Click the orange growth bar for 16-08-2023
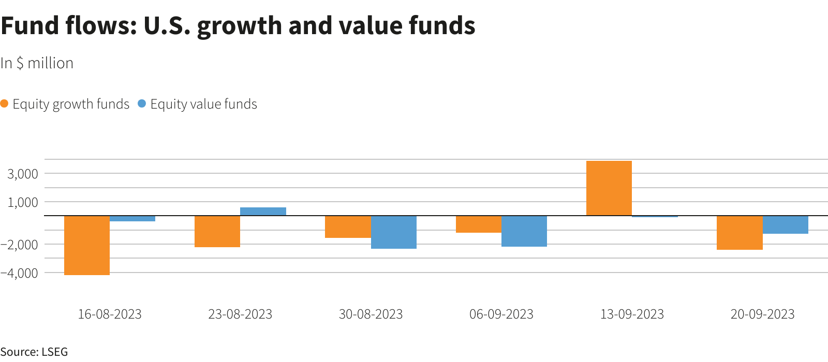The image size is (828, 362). coord(87,245)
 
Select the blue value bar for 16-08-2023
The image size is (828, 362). coord(132,219)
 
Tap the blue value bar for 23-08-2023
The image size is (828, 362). coord(263,212)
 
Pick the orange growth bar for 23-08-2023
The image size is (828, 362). coord(217,231)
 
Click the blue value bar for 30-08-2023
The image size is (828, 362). coord(394,232)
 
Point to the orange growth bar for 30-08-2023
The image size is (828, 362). coord(348,227)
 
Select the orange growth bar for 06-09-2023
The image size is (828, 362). coord(479,224)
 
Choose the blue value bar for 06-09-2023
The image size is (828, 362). coord(524,231)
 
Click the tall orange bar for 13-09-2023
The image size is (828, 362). coord(609,188)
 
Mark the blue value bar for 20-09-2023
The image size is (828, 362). coord(786,224)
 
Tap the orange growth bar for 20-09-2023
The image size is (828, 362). coord(740,233)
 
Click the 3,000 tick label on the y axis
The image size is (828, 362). coord(23,174)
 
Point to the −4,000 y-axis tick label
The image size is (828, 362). coord(20,273)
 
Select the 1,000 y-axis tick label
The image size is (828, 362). coord(23,202)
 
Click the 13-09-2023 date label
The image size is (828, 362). coord(632,314)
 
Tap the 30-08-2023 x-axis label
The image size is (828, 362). coord(371,314)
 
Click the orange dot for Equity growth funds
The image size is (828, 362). coord(5,104)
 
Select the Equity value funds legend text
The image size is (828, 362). coord(203,104)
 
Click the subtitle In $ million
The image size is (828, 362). coord(37,63)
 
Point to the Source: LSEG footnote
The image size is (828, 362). coord(34,352)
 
